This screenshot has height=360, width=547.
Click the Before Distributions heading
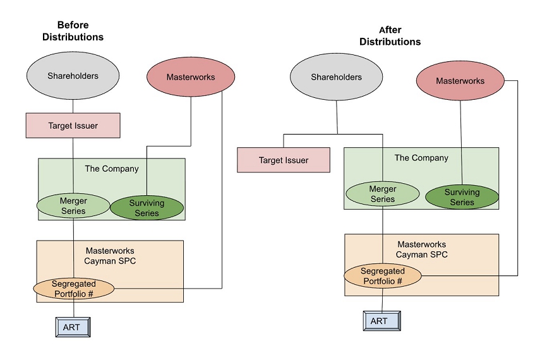pyautogui.click(x=73, y=31)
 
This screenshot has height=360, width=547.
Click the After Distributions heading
pyautogui.click(x=390, y=36)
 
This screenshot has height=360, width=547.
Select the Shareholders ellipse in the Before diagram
pyautogui.click(x=73, y=76)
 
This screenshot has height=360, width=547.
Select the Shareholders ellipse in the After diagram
pyautogui.click(x=336, y=78)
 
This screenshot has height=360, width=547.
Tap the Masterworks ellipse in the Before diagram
pyautogui.click(x=191, y=78)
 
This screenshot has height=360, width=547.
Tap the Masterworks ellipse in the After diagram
pyautogui.click(x=460, y=81)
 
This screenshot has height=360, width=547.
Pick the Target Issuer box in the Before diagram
pyautogui.click(x=73, y=126)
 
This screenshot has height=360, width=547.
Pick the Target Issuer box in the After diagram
pyautogui.click(x=284, y=160)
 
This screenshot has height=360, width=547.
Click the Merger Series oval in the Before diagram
pyautogui.click(x=73, y=207)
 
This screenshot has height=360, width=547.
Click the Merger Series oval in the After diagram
pyautogui.click(x=382, y=195)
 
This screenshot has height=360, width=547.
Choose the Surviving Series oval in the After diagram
pyautogui.click(x=462, y=198)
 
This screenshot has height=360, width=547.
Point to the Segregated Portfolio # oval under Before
pyautogui.click(x=73, y=289)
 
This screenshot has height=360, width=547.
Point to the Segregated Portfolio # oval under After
pyautogui.click(x=383, y=276)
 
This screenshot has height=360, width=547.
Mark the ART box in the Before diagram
pyautogui.click(x=71, y=328)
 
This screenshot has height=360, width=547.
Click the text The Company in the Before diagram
pyautogui.click(x=112, y=169)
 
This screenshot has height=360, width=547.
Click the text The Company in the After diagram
pyautogui.click(x=421, y=158)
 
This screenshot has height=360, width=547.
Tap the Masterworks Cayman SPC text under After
pyautogui.click(x=421, y=249)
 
